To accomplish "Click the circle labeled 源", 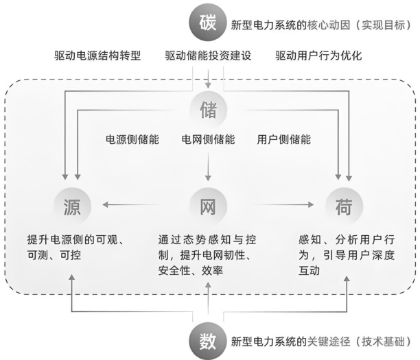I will tap(72, 204).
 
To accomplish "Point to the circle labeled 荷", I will tap(344, 204).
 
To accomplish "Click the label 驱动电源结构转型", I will tap(96, 55).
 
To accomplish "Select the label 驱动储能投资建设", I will tap(208, 55).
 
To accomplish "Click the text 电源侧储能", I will tap(132, 139).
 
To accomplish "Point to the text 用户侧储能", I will tap(283, 139).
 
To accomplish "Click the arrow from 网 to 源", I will tap(137, 204).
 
